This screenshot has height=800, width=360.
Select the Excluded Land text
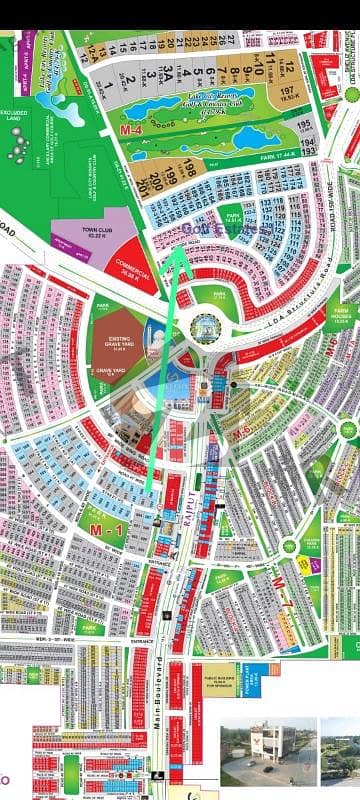coord(15,115)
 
